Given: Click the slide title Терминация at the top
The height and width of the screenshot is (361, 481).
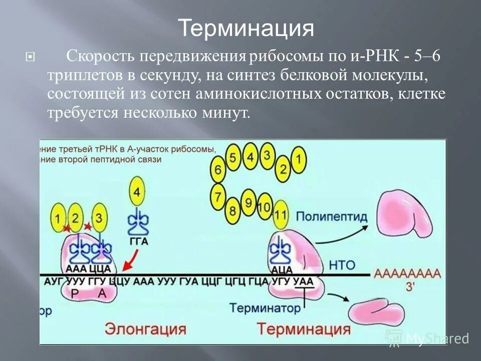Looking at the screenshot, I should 247,29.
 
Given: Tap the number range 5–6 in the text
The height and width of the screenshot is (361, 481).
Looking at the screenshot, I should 427,57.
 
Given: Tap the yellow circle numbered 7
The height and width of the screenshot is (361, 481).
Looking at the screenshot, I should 218,196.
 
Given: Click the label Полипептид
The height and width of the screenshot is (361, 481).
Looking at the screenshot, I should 332,217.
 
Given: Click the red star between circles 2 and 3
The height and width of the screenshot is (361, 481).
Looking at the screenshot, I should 88,227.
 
